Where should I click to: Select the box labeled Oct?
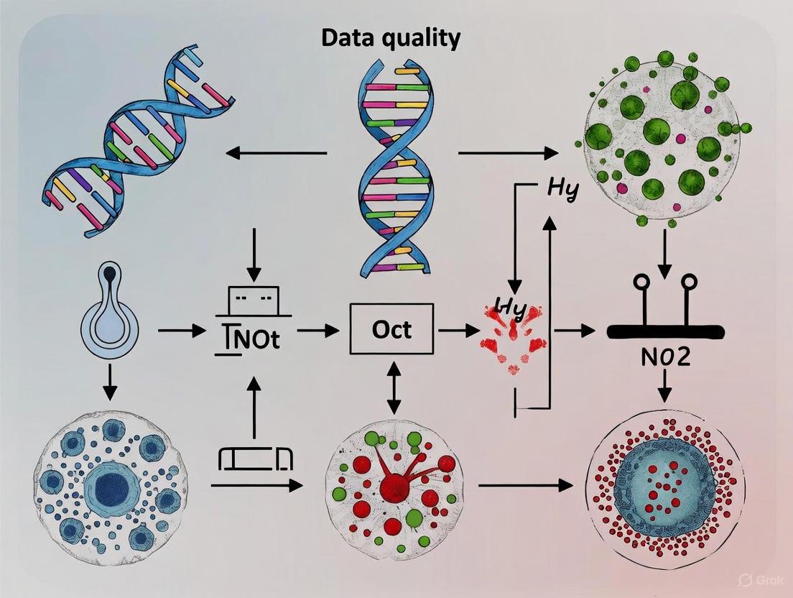coord(391,329)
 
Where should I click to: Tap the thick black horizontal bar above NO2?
coord(665,331)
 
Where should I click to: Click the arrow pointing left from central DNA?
coord(276,152)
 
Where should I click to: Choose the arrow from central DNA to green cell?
coord(507,152)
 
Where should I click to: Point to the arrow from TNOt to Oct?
coord(317,331)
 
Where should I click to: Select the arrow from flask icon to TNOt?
coord(180,331)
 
